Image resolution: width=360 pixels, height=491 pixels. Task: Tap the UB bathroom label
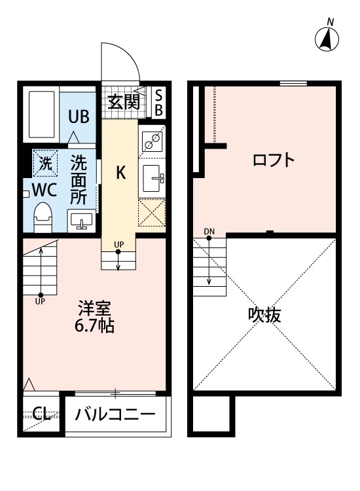[80, 117]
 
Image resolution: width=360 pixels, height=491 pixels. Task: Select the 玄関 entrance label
[123, 101]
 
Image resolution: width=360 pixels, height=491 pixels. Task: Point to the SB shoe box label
[158, 102]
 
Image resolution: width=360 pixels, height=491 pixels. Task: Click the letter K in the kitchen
[121, 173]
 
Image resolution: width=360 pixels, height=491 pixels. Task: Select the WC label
[43, 190]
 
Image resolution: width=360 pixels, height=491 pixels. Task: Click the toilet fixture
[43, 216]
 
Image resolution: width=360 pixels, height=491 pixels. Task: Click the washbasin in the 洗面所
[81, 221]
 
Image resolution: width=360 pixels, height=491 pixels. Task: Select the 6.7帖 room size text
[95, 325]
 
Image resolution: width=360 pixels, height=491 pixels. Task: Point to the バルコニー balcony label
[115, 414]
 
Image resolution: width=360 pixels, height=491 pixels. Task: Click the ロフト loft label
[274, 160]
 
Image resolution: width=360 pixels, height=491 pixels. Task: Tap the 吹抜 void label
[264, 315]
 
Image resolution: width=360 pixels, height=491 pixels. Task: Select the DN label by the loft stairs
[209, 231]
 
